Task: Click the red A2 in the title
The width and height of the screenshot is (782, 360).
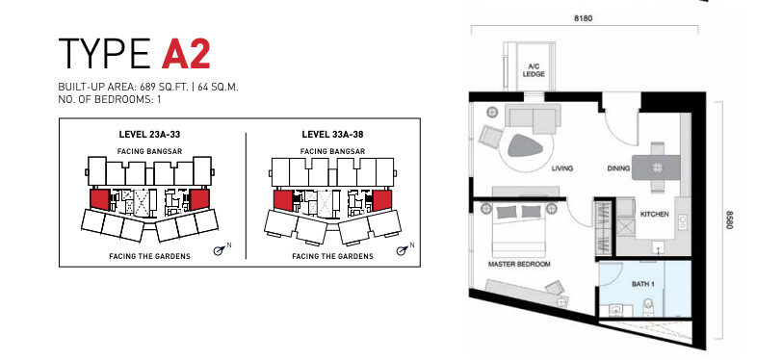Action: (186, 53)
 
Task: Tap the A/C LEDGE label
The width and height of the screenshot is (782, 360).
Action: (534, 70)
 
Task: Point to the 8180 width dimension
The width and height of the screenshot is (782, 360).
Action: (583, 18)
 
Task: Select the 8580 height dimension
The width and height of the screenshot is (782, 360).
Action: (729, 219)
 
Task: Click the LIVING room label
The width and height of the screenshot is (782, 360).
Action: (562, 168)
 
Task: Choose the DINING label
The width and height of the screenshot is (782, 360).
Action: (618, 168)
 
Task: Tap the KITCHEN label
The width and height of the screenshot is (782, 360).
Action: (654, 214)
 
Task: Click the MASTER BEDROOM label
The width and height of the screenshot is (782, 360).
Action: (519, 264)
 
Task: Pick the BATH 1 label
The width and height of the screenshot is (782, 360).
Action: (643, 284)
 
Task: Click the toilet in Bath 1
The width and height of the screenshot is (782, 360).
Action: (649, 307)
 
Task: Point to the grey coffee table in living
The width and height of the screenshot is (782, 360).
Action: (524, 145)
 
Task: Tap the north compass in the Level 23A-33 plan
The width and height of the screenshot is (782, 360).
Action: (220, 249)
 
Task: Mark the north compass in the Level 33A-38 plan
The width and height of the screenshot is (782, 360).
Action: (403, 249)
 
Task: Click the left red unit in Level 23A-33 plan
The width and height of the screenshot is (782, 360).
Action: (99, 199)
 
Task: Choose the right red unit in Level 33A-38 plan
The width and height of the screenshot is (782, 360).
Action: (382, 200)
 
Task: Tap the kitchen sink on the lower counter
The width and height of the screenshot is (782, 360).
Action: (660, 247)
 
